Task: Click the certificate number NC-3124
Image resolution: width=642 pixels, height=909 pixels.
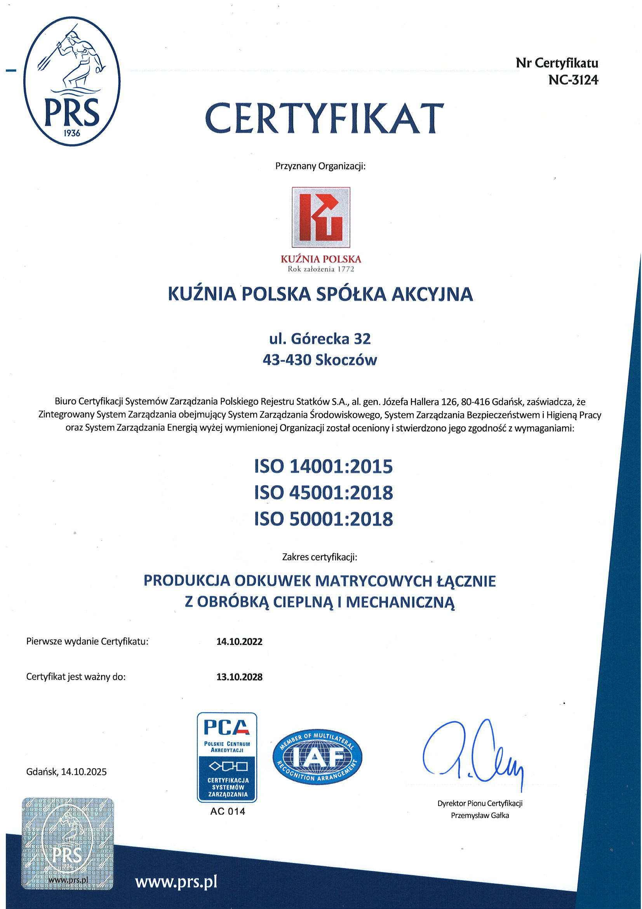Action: pos(573,80)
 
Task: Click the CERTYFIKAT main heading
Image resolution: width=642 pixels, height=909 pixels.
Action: pos(324,119)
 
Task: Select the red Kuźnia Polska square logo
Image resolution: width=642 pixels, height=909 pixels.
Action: pos(321,217)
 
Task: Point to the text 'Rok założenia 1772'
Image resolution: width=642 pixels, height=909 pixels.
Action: pos(321,269)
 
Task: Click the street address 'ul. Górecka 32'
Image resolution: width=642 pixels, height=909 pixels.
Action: pos(320,339)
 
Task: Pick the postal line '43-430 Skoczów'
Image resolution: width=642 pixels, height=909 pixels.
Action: pos(320,360)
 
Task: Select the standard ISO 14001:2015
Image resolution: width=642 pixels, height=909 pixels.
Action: pos(324,467)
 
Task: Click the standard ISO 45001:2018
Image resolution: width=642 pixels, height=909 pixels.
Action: pos(324,493)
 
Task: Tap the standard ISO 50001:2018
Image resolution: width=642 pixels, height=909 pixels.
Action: pos(324,519)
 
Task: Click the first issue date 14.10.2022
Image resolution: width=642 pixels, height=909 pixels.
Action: pos(239,642)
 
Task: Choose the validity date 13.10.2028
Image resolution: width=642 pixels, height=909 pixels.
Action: pos(239,677)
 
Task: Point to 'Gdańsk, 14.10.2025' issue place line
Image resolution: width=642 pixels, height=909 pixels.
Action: pos(66,772)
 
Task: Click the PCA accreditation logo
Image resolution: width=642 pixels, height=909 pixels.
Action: pos(227,757)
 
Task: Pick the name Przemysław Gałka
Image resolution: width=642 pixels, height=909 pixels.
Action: pos(479,815)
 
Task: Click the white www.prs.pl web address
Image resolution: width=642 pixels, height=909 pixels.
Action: pos(176,883)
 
